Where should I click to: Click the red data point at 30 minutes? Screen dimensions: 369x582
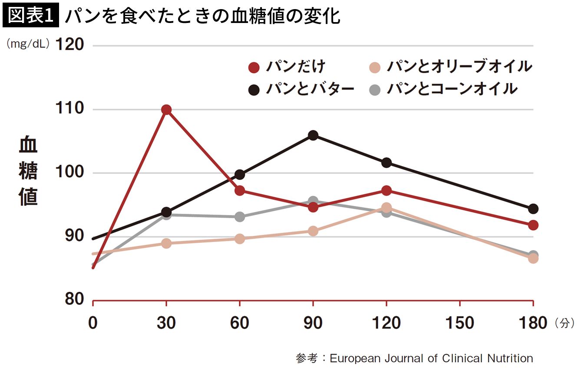click(x=166, y=110)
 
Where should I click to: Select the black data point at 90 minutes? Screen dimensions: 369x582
click(x=313, y=135)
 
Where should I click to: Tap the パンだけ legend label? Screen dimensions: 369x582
click(x=296, y=67)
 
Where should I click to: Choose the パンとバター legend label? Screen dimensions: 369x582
click(x=310, y=89)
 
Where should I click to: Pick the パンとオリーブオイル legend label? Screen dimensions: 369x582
click(x=459, y=67)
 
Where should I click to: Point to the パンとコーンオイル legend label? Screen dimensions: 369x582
click(x=452, y=89)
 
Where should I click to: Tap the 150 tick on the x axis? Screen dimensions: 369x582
click(x=460, y=323)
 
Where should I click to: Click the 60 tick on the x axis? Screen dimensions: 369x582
click(x=239, y=323)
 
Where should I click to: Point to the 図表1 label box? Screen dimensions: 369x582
click(x=30, y=16)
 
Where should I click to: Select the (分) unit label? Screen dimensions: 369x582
click(x=564, y=323)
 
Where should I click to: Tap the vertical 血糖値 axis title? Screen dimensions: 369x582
click(x=28, y=172)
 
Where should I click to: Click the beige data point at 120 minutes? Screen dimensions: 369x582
click(x=386, y=208)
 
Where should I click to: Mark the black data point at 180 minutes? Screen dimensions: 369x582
click(x=533, y=209)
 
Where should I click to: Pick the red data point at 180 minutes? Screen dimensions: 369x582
click(x=533, y=225)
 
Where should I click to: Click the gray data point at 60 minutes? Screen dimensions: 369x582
click(x=239, y=217)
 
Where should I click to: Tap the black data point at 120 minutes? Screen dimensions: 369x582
click(x=386, y=163)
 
